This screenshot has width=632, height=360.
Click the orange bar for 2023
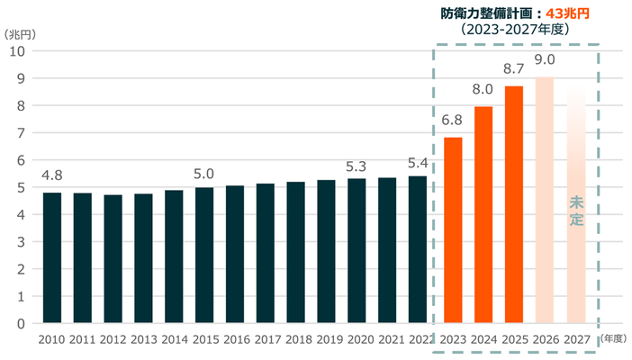pyautogui.click(x=453, y=230)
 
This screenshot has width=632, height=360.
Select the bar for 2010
pyautogui.click(x=52, y=257)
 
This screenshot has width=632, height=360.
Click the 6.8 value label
pyautogui.click(x=453, y=121)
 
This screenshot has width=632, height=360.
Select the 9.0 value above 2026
pyautogui.click(x=545, y=60)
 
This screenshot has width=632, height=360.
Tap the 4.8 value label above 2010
pyautogui.click(x=52, y=175)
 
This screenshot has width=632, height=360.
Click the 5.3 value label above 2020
pyautogui.click(x=357, y=166)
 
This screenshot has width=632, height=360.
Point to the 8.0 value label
pyautogui.click(x=483, y=89)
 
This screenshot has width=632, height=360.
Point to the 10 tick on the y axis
pyautogui.click(x=16, y=50)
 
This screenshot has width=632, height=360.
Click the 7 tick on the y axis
pyautogui.click(x=20, y=132)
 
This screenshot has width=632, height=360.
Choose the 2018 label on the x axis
pyautogui.click(x=296, y=339)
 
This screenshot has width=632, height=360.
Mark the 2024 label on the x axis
pyautogui.click(x=483, y=339)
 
